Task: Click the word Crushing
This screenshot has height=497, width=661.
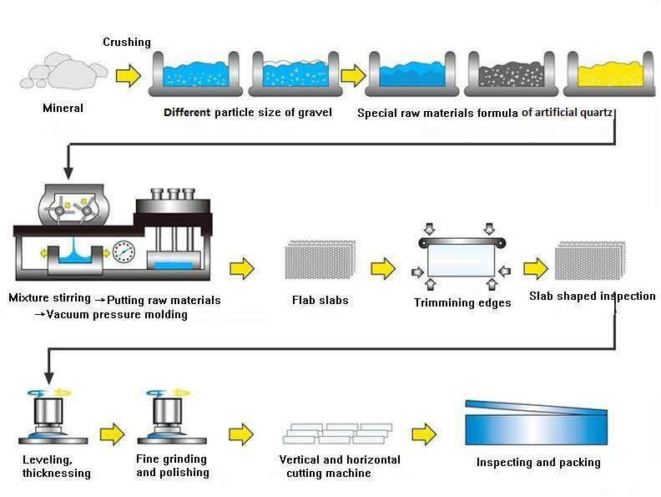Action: pos(127,43)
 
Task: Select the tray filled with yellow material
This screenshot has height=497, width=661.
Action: pos(608,74)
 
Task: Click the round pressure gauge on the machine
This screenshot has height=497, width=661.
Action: pos(125,251)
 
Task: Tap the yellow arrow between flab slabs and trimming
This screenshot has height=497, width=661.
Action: pos(383,268)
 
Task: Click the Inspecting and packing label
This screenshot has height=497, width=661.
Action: pos(537,462)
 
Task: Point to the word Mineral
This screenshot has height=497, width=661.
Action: pos(63,108)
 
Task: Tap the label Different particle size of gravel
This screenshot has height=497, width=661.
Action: pos(248,113)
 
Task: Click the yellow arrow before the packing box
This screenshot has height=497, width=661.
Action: pos(424,434)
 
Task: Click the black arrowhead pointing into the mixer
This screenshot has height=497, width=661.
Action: pos(68,174)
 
